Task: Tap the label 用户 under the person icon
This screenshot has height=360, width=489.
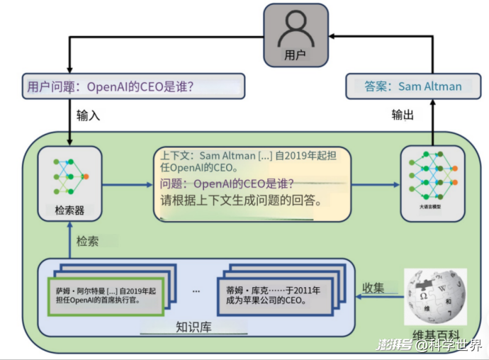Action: click(295, 54)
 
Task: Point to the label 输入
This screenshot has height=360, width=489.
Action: click(89, 115)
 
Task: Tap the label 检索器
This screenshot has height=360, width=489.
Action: click(69, 210)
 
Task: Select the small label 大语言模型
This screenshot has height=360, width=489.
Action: click(432, 208)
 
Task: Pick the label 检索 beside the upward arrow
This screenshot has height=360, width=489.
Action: click(87, 241)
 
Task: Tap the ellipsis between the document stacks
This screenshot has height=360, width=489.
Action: click(196, 291)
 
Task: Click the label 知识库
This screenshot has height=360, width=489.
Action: click(193, 327)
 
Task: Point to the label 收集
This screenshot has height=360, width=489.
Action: click(373, 287)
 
